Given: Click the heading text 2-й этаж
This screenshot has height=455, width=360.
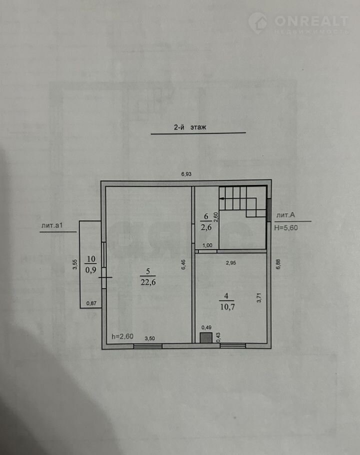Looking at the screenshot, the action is pos(190,127).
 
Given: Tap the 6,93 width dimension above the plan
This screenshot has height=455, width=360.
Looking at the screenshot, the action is pos(186,174).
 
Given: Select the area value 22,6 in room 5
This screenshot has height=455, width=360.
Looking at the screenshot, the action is pos(148,282).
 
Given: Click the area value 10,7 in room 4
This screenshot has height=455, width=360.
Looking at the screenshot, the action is pos(227,306).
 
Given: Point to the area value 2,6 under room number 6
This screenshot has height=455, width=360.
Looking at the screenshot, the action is pos(206,227).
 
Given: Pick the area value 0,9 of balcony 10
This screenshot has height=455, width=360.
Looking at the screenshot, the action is pos(91,270).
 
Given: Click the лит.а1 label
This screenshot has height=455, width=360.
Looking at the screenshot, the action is pos(52,225).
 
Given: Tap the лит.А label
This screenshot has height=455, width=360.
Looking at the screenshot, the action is pos(285,215).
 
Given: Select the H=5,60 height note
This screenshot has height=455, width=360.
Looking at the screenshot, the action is pos(286,228).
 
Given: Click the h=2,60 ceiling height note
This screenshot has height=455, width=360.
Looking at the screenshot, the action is pos(122,336).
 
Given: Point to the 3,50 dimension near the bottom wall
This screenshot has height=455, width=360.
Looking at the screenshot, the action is pos(149,338).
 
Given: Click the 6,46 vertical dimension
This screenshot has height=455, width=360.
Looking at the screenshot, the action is pos(183,264).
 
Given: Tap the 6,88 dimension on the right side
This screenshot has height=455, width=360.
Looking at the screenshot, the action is pos(278,264).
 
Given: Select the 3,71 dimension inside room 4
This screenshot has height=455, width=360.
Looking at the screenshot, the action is pos(259,298).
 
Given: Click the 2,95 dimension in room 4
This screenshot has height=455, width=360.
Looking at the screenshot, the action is pos(231,263).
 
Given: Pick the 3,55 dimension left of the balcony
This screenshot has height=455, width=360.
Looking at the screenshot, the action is pos(75,264).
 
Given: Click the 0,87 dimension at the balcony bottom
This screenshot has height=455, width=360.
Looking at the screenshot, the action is pos(91,303).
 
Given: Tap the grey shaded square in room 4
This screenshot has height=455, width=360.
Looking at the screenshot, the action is pos(206,338).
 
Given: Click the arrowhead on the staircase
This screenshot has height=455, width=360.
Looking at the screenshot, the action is pos(221,199).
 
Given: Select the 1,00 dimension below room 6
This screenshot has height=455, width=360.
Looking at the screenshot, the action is pos(207,245).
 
